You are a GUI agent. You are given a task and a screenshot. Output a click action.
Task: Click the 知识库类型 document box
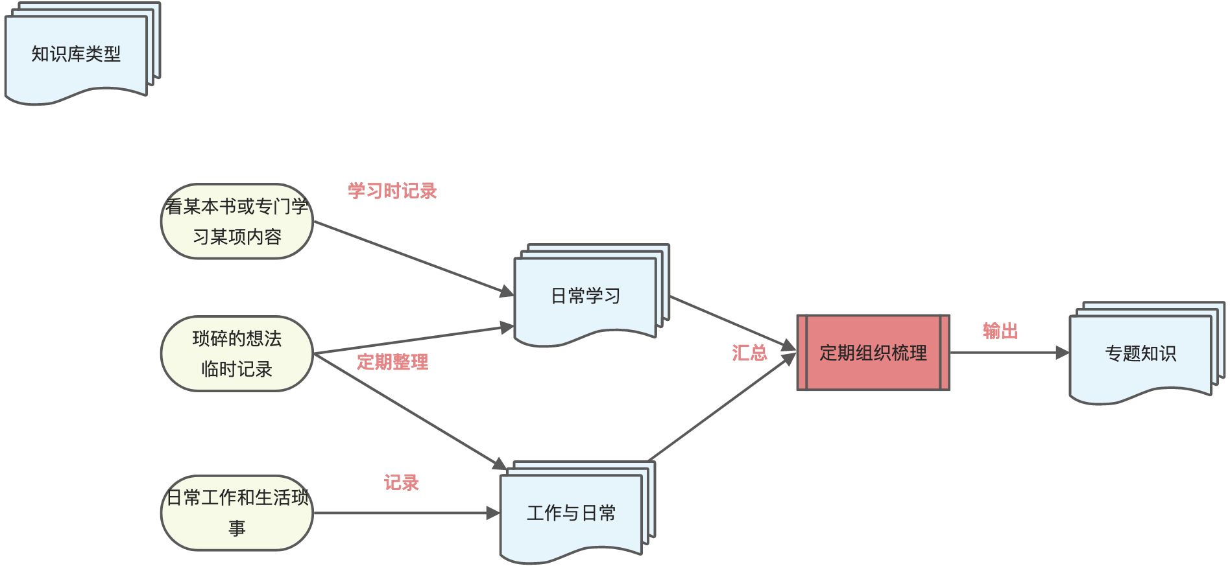76,54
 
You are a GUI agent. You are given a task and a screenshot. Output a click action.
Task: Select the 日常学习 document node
585,296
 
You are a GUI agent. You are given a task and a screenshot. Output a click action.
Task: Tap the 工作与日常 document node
571,513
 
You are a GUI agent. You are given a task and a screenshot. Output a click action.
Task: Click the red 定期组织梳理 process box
873,353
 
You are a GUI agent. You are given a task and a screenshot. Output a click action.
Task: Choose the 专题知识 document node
1140,353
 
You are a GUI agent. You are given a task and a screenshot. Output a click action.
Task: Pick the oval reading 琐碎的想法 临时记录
237,354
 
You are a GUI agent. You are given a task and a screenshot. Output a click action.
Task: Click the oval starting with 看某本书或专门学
237,221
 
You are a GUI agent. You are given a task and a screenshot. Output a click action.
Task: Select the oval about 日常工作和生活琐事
237,513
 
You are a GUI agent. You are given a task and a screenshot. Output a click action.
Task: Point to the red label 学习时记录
392,191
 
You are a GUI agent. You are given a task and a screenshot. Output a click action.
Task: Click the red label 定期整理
392,362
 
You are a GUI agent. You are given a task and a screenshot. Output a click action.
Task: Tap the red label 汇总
749,353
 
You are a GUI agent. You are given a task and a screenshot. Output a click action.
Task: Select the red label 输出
1000,331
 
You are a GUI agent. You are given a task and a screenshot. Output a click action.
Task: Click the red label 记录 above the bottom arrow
401,483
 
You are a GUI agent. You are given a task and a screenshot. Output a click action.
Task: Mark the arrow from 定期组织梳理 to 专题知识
1009,353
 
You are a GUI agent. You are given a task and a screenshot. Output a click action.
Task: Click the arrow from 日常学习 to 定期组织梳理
733,323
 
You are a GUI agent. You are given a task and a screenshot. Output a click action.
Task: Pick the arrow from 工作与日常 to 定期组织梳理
720,408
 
